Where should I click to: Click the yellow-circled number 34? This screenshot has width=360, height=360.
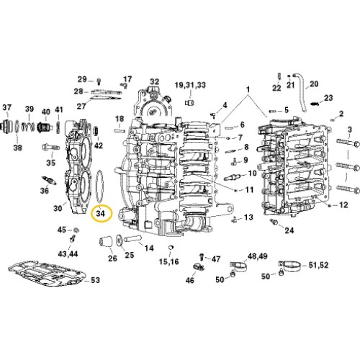pyautogui.click(x=101, y=213)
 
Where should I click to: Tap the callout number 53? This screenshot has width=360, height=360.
pyautogui.click(x=95, y=280)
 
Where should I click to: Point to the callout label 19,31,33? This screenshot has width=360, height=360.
pyautogui.click(x=190, y=85)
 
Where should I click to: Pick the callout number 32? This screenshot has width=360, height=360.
pyautogui.click(x=155, y=81)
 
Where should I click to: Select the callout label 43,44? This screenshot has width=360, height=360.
pyautogui.click(x=68, y=253)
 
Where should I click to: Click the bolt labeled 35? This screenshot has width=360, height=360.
pyautogui.click(x=50, y=147)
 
